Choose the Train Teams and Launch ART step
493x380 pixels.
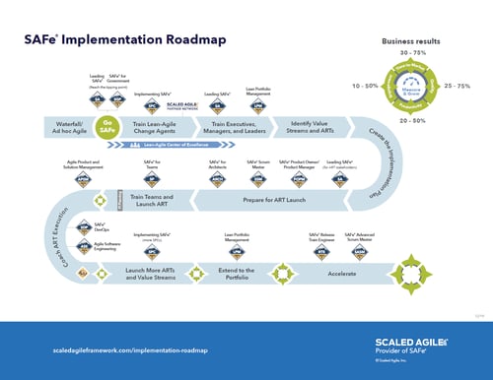pos(148,198)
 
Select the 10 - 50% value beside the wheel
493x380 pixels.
pos(364,86)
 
